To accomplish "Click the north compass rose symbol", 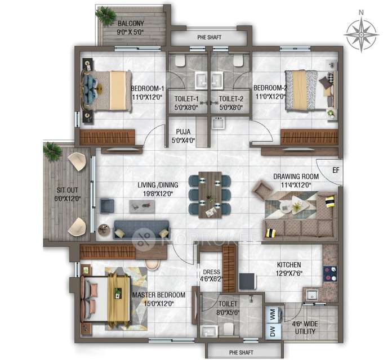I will point(361,34).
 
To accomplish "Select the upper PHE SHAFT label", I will point(209,38).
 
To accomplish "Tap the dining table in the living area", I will point(210,195).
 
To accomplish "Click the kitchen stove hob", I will point(330,274).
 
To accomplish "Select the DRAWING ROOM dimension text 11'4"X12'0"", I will point(296,184).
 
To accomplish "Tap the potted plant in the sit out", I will point(52,151).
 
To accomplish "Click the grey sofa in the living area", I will point(141,229).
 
